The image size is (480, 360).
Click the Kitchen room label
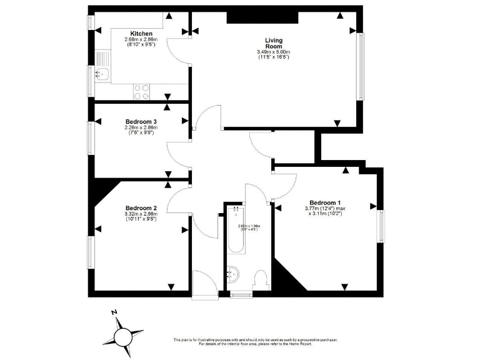pyautogui.click(x=141, y=34)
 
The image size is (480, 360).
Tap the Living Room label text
pyautogui.click(x=274, y=43)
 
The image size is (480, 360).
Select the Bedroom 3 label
pyautogui.click(x=141, y=121)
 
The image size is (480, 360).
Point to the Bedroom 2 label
pyautogui.click(x=141, y=208)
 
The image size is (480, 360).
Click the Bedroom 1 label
pyautogui.click(x=325, y=202)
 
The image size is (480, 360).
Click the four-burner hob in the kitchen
pyautogui.click(x=141, y=92)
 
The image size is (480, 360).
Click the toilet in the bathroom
pyautogui.click(x=261, y=279)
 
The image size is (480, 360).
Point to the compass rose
pyautogui.click(x=124, y=336)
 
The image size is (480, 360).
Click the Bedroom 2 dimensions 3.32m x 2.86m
pyautogui.click(x=141, y=217)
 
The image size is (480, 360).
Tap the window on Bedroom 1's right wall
pyautogui.click(x=381, y=225)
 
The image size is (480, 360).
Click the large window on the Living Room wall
pyautogui.click(x=359, y=66)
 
